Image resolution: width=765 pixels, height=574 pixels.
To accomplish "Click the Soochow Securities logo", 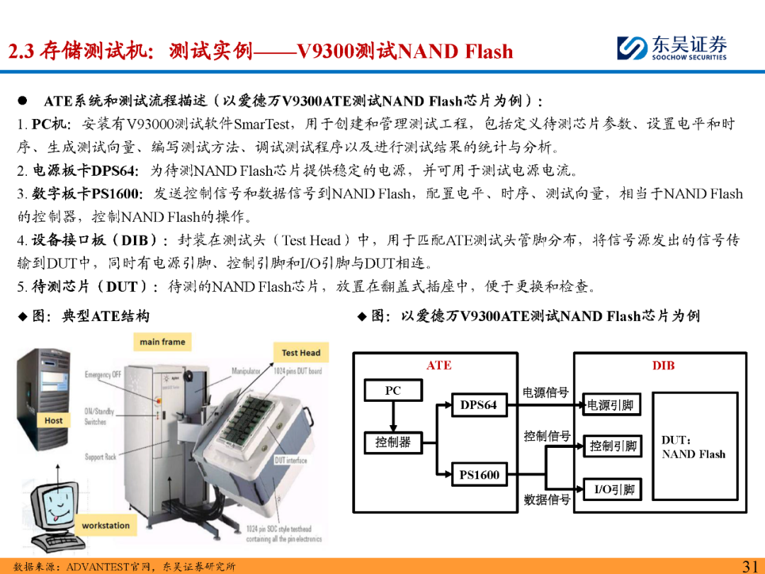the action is [x=671, y=47].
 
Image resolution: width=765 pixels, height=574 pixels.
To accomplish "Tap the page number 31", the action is [x=750, y=565].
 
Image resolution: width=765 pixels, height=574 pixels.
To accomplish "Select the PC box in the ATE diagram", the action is [x=392, y=390].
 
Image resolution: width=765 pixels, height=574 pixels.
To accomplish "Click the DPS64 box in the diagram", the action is [x=479, y=405].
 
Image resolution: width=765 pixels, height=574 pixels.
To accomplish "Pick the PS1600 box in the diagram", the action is [x=479, y=475].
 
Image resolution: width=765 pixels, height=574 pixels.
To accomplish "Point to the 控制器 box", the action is [x=392, y=442].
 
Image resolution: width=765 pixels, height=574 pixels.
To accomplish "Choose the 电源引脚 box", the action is [x=610, y=405].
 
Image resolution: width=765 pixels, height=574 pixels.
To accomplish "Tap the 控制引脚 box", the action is [x=613, y=446].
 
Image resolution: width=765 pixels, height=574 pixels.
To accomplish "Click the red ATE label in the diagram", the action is [x=438, y=366].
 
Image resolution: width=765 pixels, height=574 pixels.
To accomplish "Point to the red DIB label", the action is [x=663, y=366].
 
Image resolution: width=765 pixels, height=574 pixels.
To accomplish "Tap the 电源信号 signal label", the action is [x=545, y=392].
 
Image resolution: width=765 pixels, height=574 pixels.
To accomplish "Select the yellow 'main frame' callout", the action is [x=162, y=342].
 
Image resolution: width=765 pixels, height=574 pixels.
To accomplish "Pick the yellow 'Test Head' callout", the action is [x=301, y=352].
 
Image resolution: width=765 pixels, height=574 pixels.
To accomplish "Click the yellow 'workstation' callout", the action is [x=106, y=526].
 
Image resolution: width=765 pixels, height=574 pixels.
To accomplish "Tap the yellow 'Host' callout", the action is [x=54, y=420].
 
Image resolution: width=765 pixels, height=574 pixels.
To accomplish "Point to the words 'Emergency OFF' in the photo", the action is [x=103, y=374].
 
